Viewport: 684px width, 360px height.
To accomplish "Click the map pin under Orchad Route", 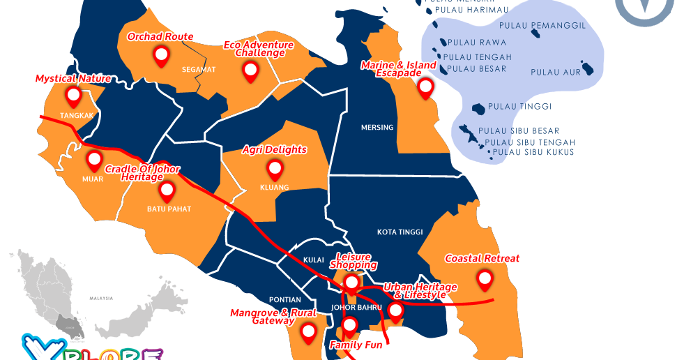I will tap(162, 55).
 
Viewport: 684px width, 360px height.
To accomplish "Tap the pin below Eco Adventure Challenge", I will tap(250, 70).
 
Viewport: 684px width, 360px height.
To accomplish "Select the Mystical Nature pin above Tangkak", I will tap(73, 95).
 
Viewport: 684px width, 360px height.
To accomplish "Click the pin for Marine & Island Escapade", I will tap(425, 87).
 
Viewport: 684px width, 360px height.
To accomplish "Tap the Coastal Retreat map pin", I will tap(485, 280).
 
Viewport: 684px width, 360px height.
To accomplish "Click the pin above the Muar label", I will tap(94, 160).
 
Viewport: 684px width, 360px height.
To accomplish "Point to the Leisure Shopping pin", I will tap(352, 283).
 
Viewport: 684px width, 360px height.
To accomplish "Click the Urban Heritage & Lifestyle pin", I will tap(395, 311).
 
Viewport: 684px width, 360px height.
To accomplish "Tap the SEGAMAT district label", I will tap(199, 70).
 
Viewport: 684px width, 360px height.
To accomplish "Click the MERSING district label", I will tap(377, 128).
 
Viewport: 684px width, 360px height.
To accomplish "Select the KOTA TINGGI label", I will tap(400, 232).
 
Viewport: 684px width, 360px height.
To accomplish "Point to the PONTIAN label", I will tap(284, 299).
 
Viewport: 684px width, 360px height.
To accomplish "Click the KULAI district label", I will tap(314, 260).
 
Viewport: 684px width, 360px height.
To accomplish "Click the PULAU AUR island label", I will tap(555, 72).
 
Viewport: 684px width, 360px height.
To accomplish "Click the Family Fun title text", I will tap(356, 345).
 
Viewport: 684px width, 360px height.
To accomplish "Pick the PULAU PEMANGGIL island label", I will tap(558, 26).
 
